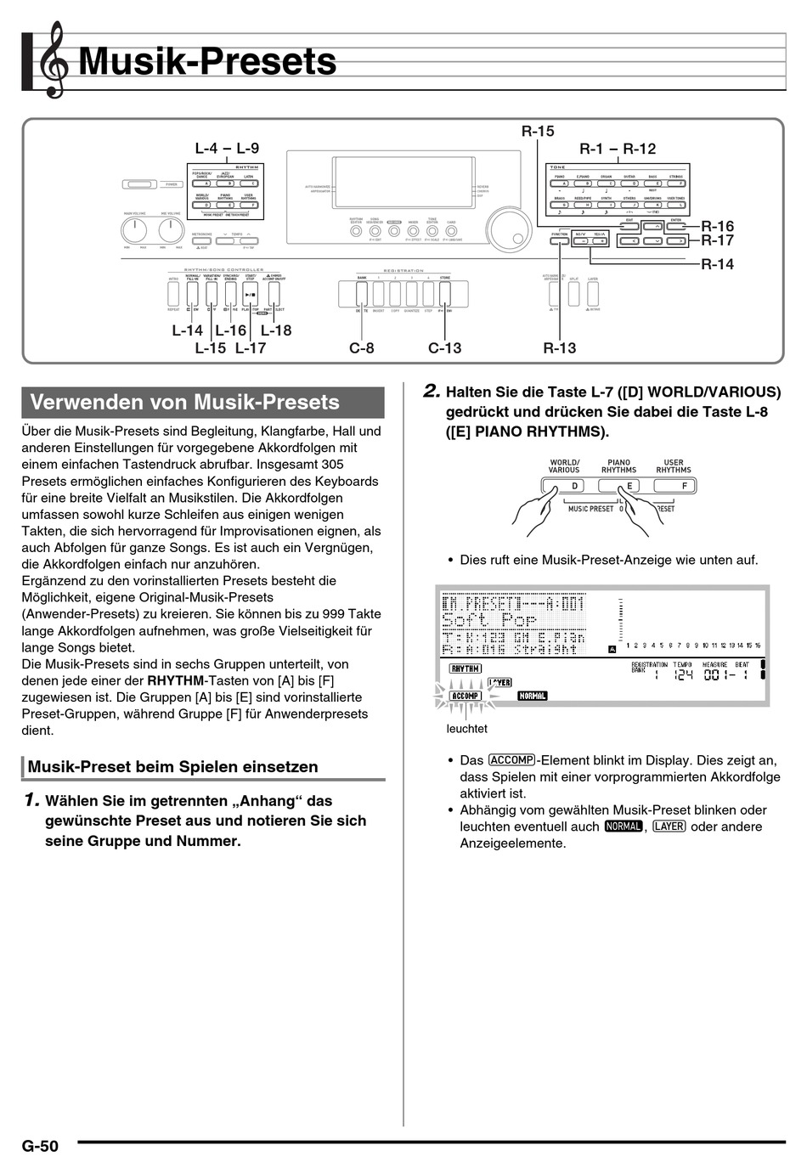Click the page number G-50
point(40,1146)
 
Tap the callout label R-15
point(538,131)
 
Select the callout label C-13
point(445,347)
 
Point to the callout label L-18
point(276,330)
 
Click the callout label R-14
point(717,264)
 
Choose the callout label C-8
point(362,347)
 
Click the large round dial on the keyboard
point(506,229)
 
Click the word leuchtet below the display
point(467,729)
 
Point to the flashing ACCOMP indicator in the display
point(465,696)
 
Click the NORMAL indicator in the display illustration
point(533,696)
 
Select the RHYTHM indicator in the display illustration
point(465,668)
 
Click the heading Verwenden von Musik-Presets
point(184,403)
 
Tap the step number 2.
point(432,392)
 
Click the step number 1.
point(31,800)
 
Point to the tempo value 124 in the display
point(683,675)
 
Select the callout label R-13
point(560,347)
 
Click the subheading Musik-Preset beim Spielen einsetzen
point(173,767)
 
